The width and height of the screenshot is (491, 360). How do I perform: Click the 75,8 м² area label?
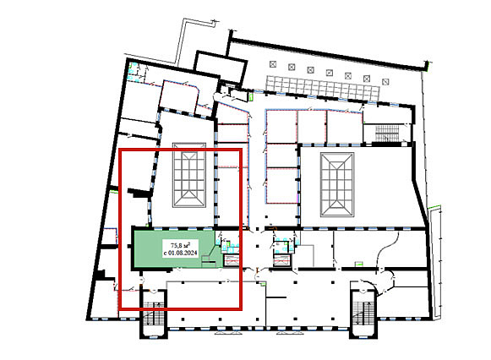pyautogui.click(x=180, y=245)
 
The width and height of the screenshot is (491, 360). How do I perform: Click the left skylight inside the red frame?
pyautogui.click(x=189, y=175)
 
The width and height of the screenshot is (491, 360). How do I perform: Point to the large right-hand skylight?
pyautogui.click(x=337, y=185)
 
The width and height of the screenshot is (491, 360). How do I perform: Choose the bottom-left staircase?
pyautogui.click(x=153, y=313)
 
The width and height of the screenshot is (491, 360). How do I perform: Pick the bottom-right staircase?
pyautogui.click(x=363, y=313)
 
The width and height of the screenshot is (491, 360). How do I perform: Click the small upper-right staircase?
pyautogui.click(x=387, y=134)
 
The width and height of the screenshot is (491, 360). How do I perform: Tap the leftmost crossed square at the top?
pyautogui.click(x=273, y=64)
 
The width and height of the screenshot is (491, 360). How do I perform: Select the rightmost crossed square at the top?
pyautogui.click(x=385, y=82)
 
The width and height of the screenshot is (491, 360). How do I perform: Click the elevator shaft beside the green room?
pyautogui.click(x=231, y=260)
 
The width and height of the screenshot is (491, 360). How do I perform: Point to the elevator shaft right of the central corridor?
pyautogui.click(x=282, y=260)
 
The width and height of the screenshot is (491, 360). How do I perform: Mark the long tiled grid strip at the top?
pyautogui.click(x=323, y=87)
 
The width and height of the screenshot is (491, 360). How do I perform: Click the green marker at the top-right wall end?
pyautogui.click(x=426, y=65)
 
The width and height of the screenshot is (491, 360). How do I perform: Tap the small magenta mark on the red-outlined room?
pyautogui.click(x=297, y=197)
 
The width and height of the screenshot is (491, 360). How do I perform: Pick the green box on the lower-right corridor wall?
pyautogui.click(x=358, y=264)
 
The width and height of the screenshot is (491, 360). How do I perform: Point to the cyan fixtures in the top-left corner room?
pyautogui.click(x=133, y=72)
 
